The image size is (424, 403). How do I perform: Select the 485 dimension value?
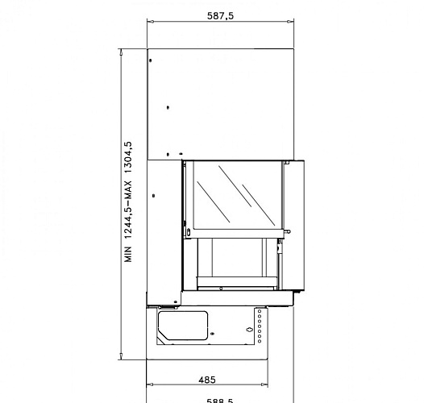click(207, 378)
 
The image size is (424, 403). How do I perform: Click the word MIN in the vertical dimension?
click(127, 256)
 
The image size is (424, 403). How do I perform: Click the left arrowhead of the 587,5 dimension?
click(149, 24)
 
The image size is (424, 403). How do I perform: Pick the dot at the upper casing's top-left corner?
click(151, 60)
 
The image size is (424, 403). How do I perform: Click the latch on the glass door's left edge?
click(187, 233)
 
